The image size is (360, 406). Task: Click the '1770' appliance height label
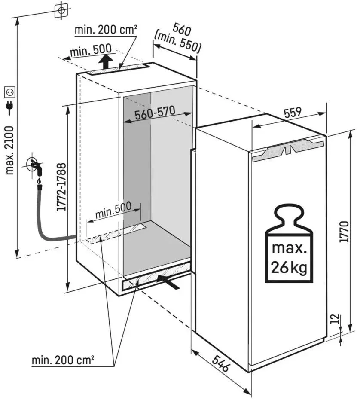(x=344, y=232)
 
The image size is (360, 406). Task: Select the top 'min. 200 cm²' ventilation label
(x=106, y=30)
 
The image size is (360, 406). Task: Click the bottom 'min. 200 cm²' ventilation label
(x=63, y=360)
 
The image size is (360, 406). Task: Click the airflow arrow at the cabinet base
(x=169, y=281)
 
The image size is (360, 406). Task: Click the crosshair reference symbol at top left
(x=61, y=9)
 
